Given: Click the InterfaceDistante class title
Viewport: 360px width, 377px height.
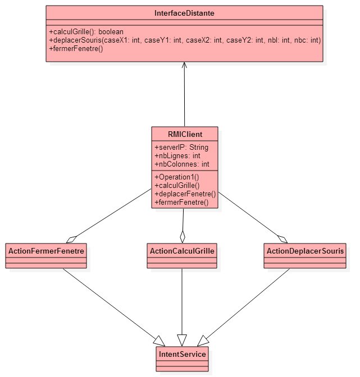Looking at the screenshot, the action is pos(184,13).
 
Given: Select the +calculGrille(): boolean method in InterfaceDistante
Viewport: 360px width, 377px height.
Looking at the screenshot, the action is pos(86,32).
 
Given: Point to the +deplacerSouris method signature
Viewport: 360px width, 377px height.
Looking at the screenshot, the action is pos(185,40).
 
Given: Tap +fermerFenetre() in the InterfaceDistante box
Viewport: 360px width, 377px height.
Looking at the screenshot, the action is pos(76,49).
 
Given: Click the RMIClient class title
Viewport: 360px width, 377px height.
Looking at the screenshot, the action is pos(185,134).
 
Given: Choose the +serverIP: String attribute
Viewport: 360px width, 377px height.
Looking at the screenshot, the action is pos(181,147).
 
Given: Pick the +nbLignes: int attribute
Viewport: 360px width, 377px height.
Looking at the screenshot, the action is pos(177,156).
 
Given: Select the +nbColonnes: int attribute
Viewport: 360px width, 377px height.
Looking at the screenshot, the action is pos(182,164).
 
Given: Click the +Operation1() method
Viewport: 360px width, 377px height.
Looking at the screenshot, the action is pos(177,177).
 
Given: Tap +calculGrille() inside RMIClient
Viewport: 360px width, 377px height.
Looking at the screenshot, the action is pos(177,185).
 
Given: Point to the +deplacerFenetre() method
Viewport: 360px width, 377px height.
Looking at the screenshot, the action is pos(185,194).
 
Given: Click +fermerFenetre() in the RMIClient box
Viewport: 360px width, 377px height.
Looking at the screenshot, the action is pos(181,202).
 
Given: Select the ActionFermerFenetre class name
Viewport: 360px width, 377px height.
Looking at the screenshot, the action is pos(46,251).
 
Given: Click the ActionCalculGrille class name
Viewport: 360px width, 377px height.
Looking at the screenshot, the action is pos(182,251).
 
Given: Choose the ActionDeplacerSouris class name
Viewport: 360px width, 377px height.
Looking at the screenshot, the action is pos(305,251).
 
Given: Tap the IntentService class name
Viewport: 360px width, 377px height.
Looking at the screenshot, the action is pos(182,354).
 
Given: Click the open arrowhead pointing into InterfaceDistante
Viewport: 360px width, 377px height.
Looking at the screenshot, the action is pos(184,65).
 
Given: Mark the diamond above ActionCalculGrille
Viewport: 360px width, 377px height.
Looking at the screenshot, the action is pos(183,237).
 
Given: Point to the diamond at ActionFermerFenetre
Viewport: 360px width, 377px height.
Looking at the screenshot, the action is pos(71,240).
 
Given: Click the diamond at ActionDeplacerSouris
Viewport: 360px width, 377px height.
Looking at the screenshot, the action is pos(282,240).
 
